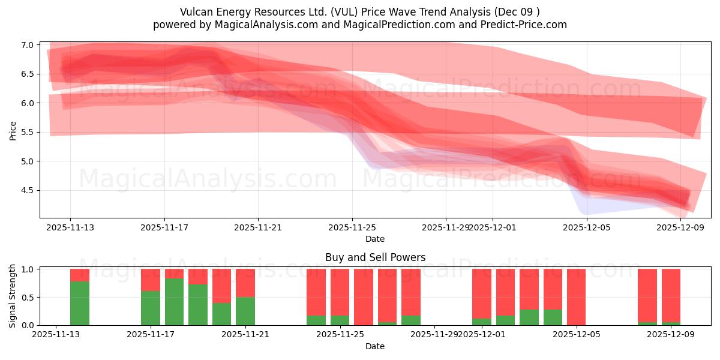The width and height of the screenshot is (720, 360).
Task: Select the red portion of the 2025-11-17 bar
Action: (x=151, y=280)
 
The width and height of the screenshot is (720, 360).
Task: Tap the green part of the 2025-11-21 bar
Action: (x=245, y=311)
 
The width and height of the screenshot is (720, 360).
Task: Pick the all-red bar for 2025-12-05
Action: (x=576, y=297)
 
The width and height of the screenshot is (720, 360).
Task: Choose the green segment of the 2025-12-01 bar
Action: (x=482, y=322)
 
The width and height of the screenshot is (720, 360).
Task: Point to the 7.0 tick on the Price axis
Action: (x=26, y=45)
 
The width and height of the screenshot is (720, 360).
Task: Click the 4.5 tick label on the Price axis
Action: (x=26, y=190)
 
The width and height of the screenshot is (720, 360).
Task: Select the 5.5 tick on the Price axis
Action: (x=26, y=132)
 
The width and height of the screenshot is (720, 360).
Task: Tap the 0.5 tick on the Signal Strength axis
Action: (x=26, y=298)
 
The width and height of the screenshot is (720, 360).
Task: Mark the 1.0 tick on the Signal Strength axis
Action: (x=26, y=269)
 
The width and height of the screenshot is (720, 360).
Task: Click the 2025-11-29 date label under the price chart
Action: (x=445, y=227)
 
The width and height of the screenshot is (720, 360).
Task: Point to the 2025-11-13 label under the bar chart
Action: (x=56, y=335)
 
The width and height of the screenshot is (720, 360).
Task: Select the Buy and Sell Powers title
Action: (x=375, y=257)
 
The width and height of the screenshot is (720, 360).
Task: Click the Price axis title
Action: (x=13, y=130)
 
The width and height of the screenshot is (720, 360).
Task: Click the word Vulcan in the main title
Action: (x=196, y=12)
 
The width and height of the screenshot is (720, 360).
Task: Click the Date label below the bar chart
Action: (x=375, y=346)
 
